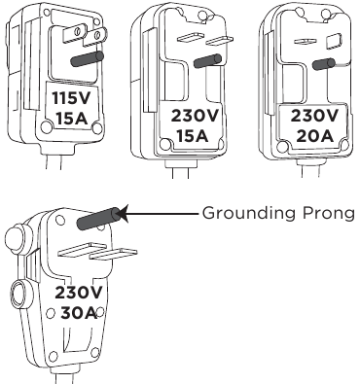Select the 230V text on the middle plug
[x=194, y=114]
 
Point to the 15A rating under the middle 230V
[x=194, y=133]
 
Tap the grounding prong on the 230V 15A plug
[x=204, y=60]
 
